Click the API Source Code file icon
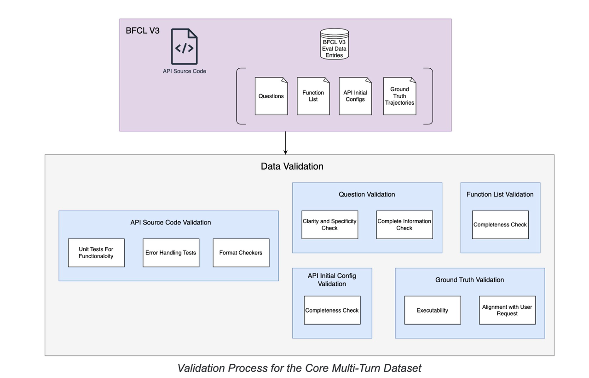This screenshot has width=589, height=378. coord(185,47)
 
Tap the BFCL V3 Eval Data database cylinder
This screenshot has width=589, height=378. coord(335,45)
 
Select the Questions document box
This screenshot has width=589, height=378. coord(271,96)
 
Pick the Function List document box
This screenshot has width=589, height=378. coord(313,96)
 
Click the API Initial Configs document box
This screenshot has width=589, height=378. coord(355,96)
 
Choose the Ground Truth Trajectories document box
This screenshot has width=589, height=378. coord(399,96)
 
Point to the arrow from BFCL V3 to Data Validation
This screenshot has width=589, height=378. coord(286,143)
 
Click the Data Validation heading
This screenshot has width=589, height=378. coord(292,166)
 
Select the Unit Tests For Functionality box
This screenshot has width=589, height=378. coord(96,253)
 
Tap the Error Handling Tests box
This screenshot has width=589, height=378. coord(171,253)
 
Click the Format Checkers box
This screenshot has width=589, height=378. coord(241,253)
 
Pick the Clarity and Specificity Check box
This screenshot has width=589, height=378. coord(329,224)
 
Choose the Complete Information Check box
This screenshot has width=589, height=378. coord(404,224)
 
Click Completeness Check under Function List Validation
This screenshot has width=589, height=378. coord(500,224)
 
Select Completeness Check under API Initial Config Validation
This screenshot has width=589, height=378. coord(332,310)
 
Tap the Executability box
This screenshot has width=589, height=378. coord(433,310)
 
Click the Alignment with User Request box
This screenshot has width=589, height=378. coord(507,310)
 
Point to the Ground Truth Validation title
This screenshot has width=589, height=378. coord(469,280)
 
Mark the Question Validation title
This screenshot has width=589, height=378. coord(367,195)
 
